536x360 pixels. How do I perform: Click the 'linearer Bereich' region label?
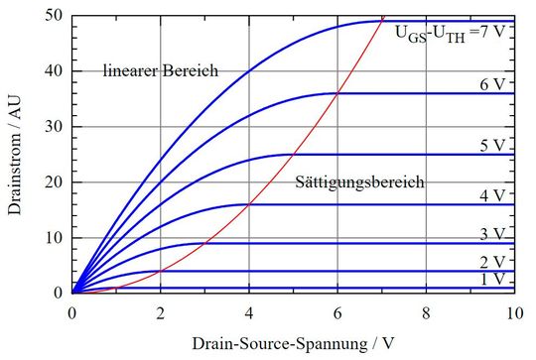[x=160, y=70]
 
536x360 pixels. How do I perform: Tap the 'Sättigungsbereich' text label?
[x=360, y=182]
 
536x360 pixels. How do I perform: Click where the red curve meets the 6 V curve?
[x=337, y=93]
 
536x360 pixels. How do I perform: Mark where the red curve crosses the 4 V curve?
[x=249, y=204]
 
